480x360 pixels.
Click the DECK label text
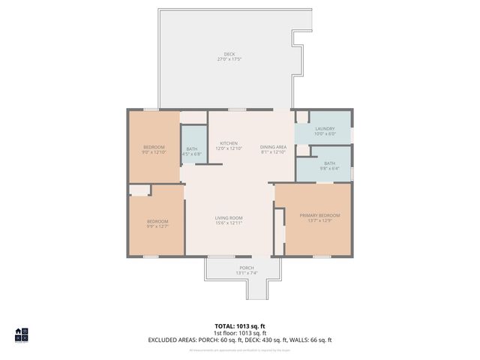click(x=229, y=54)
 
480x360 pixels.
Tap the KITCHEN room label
click(x=229, y=143)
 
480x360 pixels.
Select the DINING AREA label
click(x=274, y=146)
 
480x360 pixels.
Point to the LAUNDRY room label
click(x=325, y=128)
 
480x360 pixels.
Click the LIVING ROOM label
click(x=229, y=217)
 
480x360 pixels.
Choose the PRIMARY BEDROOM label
click(x=320, y=215)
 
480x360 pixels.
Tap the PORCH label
click(x=247, y=268)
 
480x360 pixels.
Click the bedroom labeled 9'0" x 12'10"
click(x=154, y=149)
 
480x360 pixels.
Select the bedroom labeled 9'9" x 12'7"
click(x=157, y=223)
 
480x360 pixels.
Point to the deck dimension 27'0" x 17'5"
click(x=229, y=59)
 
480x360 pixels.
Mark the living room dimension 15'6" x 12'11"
click(x=229, y=223)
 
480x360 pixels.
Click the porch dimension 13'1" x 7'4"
click(x=247, y=273)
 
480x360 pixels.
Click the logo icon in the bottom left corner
click(x=21, y=334)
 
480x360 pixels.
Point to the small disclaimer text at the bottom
click(x=240, y=350)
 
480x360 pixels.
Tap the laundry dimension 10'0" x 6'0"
click(x=325, y=133)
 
